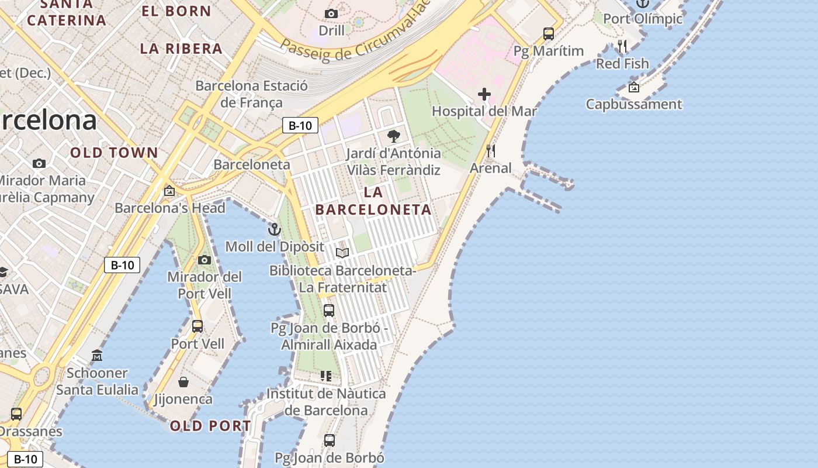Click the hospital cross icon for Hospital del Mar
pyautogui.click(x=484, y=94)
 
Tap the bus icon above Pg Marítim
pyautogui.click(x=548, y=34)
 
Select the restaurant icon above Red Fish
pyautogui.click(x=622, y=46)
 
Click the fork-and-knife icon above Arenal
pyautogui.click(x=491, y=152)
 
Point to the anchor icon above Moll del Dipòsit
pyautogui.click(x=274, y=229)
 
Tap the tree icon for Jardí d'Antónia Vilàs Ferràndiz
pyautogui.click(x=393, y=136)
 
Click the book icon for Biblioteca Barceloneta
pyautogui.click(x=342, y=253)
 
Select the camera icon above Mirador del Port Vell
pyautogui.click(x=204, y=260)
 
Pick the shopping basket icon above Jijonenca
pyautogui.click(x=183, y=383)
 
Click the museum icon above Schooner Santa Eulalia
pyautogui.click(x=97, y=355)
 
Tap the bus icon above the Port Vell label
pyautogui.click(x=197, y=326)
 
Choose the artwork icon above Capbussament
pyautogui.click(x=633, y=87)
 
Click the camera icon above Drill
pyautogui.click(x=331, y=13)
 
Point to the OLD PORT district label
pyautogui.click(x=210, y=426)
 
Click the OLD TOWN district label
pyautogui.click(x=115, y=153)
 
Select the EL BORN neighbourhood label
pyautogui.click(x=176, y=11)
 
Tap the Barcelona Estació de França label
pyautogui.click(x=251, y=94)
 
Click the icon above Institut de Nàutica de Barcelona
pyautogui.click(x=326, y=376)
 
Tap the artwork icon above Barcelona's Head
pyautogui.click(x=169, y=191)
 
